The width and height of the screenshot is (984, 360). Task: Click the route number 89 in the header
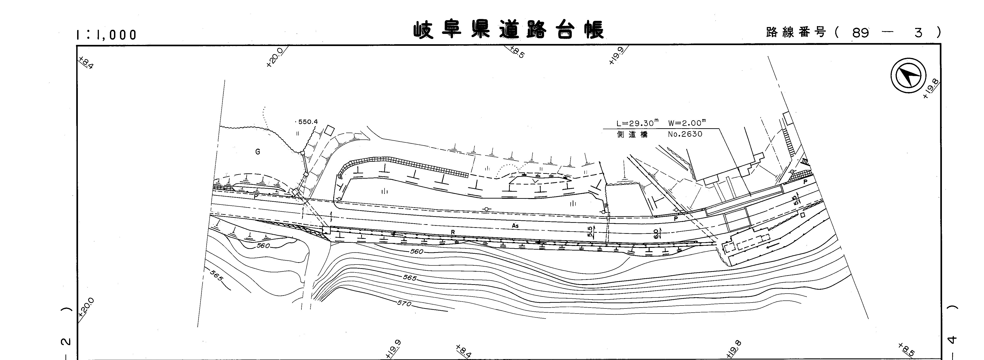tap(860, 33)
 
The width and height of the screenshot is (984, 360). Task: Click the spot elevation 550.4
tap(307, 122)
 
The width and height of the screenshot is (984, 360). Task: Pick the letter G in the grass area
tap(258, 152)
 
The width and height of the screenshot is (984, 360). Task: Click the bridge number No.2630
tap(685, 134)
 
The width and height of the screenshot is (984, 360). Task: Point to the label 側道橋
tap(632, 134)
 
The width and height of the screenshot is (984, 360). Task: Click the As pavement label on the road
tap(515, 226)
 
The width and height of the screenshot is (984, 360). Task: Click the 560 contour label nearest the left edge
tap(263, 245)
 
